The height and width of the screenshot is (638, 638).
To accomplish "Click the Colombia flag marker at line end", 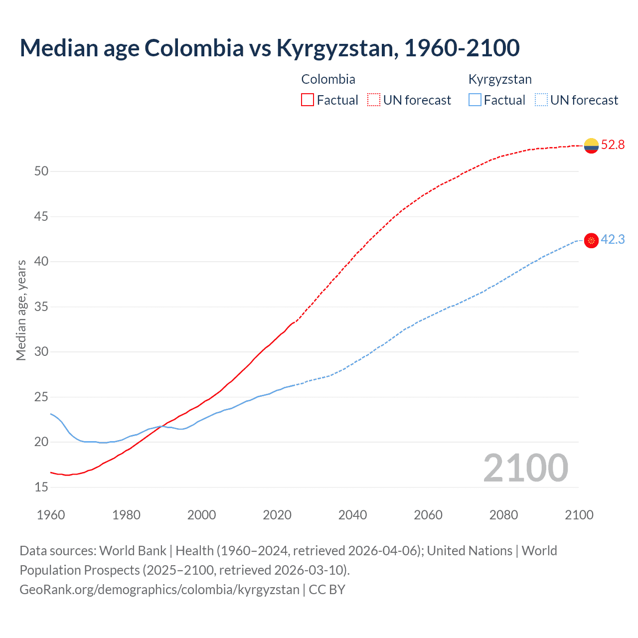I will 591,146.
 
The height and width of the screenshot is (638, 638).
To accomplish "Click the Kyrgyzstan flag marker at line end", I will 591,240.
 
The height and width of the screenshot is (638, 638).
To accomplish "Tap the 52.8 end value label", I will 613,145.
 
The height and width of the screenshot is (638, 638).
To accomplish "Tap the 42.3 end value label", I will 613,240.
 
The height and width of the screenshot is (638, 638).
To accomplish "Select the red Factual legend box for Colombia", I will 308,100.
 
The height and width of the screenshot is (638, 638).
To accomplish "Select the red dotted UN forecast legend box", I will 374,100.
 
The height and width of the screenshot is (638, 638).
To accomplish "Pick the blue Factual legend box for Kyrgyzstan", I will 475,100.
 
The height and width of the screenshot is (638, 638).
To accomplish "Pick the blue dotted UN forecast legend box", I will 541,100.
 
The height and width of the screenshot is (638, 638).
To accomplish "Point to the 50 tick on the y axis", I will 41,171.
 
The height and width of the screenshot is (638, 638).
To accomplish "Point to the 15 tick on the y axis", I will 41,487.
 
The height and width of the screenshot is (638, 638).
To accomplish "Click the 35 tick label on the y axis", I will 41,307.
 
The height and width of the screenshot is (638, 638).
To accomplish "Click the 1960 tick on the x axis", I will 51,515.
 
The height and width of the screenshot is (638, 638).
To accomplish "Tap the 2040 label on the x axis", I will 352,515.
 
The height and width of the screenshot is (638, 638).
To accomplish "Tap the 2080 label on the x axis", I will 503,515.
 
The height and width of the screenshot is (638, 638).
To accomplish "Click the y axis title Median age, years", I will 21,310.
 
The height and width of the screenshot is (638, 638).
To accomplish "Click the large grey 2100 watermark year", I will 525,468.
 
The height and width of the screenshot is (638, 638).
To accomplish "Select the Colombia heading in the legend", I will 328,79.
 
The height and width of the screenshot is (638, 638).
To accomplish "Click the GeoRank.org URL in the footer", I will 159,590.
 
